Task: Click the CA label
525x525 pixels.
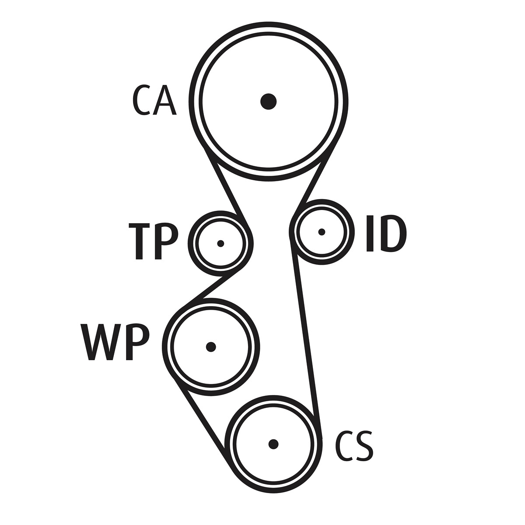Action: click(154, 100)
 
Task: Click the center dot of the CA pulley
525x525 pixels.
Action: click(268, 101)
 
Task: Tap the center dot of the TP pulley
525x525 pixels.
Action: click(220, 243)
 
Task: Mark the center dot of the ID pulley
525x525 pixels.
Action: click(322, 232)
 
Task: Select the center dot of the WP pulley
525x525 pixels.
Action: click(211, 347)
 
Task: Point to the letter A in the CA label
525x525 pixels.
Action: click(164, 100)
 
